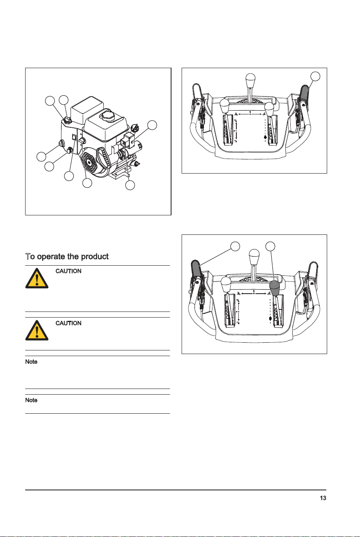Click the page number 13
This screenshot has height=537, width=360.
coord(323,498)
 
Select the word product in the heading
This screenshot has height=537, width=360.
coord(95,257)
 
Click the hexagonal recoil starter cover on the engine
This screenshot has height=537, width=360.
coord(90,163)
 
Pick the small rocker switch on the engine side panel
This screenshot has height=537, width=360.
coord(74,137)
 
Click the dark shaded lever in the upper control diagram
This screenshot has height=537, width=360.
coord(304,94)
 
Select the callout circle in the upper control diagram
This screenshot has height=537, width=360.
coord(315,76)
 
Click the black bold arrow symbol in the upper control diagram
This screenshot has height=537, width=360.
coord(265,137)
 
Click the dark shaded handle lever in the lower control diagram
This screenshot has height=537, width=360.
coord(196,269)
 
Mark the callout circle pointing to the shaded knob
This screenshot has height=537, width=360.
coord(270,246)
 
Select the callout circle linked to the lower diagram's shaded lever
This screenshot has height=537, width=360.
coord(235,246)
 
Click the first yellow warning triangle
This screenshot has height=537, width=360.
coord(37,278)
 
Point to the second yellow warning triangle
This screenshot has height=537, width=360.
coord(37,330)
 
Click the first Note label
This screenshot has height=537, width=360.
coord(31,362)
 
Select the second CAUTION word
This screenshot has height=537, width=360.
coord(68,323)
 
